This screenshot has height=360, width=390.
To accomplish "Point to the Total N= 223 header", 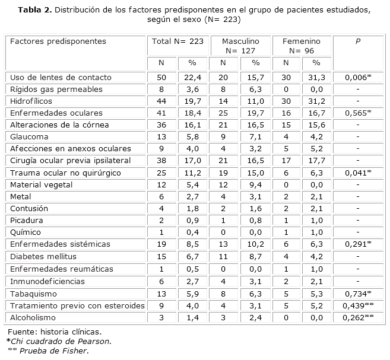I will [x=177, y=42].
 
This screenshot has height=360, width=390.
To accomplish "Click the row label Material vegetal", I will [x=40, y=184].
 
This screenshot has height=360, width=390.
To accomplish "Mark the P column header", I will [x=357, y=42].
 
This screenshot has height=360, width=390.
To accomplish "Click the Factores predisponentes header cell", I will [x=58, y=42].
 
